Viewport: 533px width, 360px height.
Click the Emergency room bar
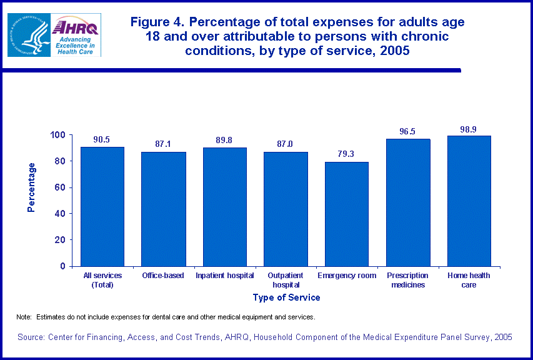pos(347,214)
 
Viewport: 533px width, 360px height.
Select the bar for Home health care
pos(469,201)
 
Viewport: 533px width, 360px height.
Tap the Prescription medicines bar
pos(407,202)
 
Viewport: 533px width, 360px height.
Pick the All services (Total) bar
pos(102,206)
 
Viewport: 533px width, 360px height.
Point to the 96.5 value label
pos(407,132)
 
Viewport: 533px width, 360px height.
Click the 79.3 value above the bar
pos(347,154)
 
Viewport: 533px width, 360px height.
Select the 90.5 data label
pos(102,139)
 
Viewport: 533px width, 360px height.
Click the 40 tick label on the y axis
pos(61,214)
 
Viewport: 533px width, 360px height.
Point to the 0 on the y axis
pos(63,266)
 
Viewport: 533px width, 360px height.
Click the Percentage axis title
pos(32,187)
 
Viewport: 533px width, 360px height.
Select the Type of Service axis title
pos(286,297)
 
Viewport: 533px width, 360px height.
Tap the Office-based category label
pos(162,276)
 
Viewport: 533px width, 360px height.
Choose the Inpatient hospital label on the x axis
pos(224,276)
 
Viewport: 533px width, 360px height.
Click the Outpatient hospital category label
pos(286,280)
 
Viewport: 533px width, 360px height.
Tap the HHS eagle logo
pos(28,35)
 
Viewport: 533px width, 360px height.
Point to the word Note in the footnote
pos(23,317)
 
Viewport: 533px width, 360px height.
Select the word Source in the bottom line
pos(32,337)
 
